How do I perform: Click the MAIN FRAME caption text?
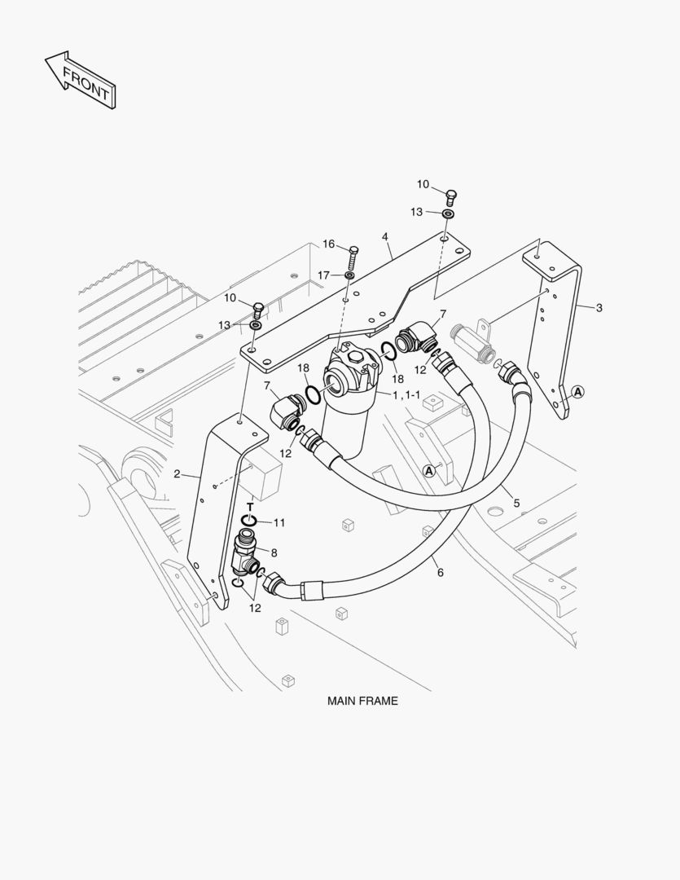362,700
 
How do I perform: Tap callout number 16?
328,244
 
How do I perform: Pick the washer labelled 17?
349,276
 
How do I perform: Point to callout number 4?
385,237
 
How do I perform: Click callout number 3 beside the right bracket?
599,307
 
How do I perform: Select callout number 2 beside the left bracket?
176,474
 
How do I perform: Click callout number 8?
274,552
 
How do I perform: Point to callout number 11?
279,522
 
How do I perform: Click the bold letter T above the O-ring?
250,507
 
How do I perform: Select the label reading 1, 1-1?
406,395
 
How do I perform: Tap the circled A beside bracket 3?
577,392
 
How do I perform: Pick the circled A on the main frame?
428,470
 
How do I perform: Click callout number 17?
324,275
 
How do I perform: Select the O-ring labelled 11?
251,521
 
